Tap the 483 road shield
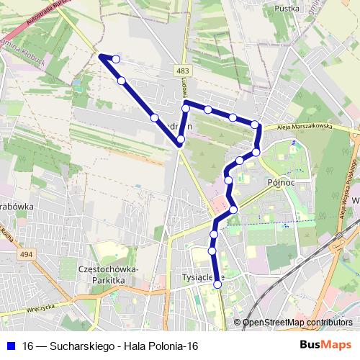(x=184, y=70)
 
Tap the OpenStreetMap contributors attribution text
(x=297, y=323)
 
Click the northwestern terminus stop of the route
(x=116, y=58)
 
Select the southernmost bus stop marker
(x=217, y=284)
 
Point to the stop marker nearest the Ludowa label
(x=186, y=108)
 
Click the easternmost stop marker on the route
(x=256, y=153)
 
